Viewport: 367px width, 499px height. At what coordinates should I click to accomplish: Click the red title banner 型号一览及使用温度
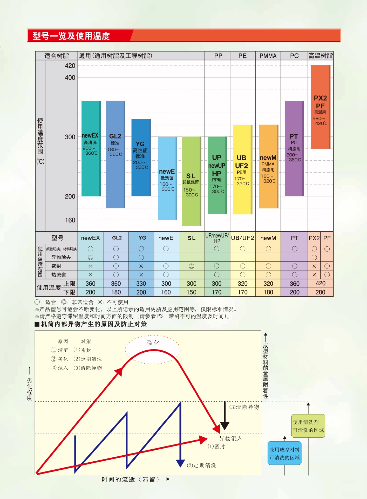tap(71, 36)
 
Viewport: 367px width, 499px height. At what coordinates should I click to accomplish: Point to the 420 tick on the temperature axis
tap(70, 66)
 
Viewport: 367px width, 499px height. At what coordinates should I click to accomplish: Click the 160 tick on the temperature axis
tap(70, 220)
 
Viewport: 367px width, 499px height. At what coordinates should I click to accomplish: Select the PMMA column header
tap(268, 56)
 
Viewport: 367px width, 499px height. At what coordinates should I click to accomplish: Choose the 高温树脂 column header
tap(321, 56)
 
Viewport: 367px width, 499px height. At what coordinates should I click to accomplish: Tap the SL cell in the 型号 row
tap(192, 238)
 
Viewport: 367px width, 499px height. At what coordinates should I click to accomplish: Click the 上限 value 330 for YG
tap(141, 284)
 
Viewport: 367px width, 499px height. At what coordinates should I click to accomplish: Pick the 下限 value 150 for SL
tap(191, 292)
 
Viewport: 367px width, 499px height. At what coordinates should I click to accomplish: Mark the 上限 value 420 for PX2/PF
tap(321, 283)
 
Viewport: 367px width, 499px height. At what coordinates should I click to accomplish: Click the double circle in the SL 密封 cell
tap(192, 266)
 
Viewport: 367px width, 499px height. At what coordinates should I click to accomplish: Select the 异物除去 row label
tap(61, 257)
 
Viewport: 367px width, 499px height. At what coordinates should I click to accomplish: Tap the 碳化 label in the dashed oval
tap(153, 343)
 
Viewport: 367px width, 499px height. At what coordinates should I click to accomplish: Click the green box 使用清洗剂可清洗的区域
tap(308, 426)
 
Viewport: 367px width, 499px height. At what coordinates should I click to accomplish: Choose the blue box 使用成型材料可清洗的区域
tap(284, 453)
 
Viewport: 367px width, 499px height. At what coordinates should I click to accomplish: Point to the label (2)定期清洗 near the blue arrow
tap(202, 465)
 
